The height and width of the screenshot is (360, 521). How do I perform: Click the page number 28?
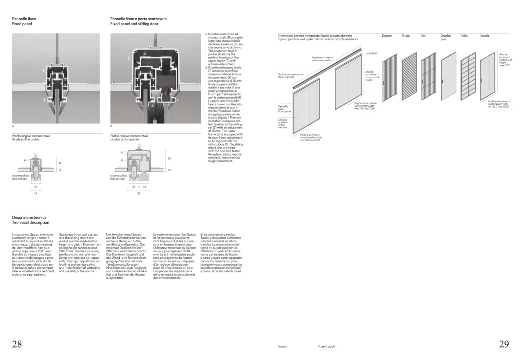coord(17,344)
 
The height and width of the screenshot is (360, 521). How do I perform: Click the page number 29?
coord(504,344)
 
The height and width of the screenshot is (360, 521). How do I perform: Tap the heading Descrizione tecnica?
coord(29,218)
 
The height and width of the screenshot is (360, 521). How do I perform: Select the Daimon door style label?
coord(387,36)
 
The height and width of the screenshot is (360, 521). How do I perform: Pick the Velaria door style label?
coord(484,36)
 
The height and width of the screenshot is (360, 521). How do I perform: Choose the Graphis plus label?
coord(446,37)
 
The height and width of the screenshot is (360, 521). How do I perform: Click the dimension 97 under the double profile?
coord(139,194)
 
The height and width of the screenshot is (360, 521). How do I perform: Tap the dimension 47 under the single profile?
coord(36,194)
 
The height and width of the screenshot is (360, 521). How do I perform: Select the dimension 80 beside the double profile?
coord(170,159)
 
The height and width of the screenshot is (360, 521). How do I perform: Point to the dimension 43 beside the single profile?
coord(60,163)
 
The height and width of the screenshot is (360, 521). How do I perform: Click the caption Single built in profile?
coord(26,139)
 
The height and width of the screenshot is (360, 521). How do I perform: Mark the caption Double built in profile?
coord(125,139)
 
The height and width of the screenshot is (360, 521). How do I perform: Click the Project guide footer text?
coord(326,346)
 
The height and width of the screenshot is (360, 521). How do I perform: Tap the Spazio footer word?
coord(283,346)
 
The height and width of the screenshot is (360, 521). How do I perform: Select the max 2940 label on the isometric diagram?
coord(372,54)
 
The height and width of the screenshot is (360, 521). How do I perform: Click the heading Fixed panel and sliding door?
coord(134,24)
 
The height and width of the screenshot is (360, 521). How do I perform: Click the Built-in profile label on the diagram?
coord(286,77)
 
